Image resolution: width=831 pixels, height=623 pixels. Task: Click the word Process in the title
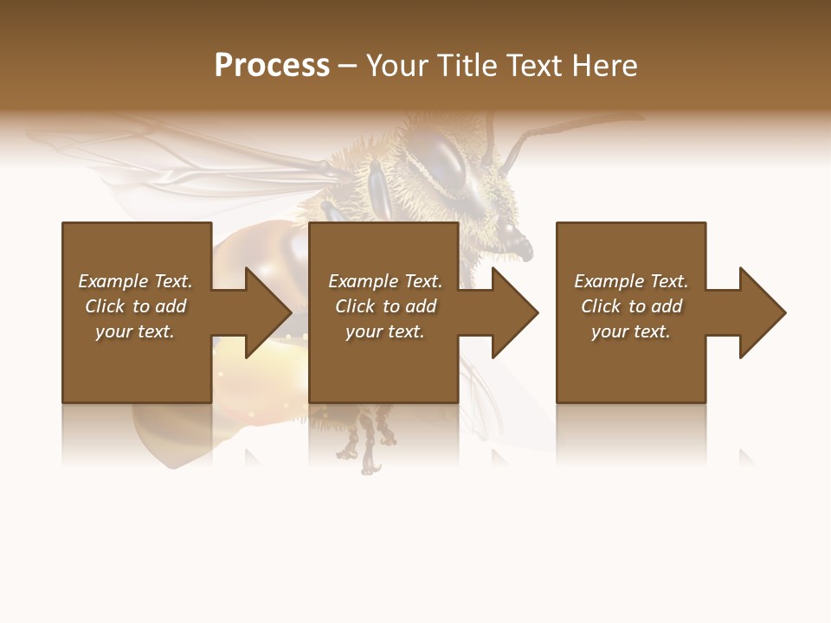[272, 66]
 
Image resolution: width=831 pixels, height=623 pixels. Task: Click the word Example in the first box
[113, 281]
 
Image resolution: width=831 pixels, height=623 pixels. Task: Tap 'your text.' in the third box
[630, 331]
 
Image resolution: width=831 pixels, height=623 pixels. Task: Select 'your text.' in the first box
[135, 331]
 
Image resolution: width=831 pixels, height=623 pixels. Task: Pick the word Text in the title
[531, 66]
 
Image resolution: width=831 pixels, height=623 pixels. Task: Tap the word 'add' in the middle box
[421, 306]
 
